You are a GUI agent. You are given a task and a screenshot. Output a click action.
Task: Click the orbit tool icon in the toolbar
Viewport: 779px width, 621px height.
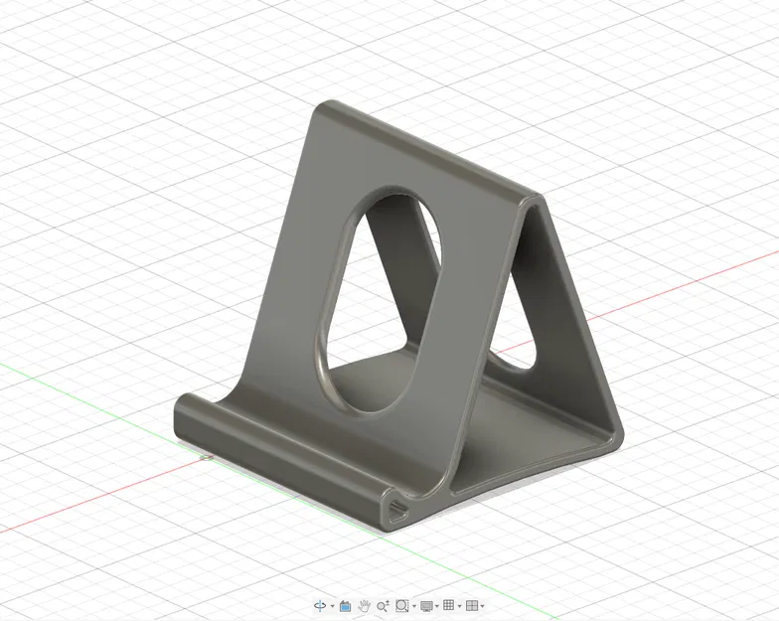(x=320, y=605)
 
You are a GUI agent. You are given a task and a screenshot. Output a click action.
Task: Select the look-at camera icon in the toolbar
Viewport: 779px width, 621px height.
(x=345, y=605)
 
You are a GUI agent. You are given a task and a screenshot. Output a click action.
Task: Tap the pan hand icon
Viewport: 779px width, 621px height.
(x=365, y=605)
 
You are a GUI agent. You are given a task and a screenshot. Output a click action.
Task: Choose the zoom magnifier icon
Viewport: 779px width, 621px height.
(x=383, y=605)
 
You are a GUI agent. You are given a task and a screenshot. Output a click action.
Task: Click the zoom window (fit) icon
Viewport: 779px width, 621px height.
(x=402, y=605)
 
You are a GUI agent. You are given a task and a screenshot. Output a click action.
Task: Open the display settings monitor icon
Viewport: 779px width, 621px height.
(x=427, y=605)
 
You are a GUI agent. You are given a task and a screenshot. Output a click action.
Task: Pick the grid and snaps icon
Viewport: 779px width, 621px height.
(x=449, y=605)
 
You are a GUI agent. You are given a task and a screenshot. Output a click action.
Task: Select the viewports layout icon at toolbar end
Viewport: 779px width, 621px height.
(x=472, y=605)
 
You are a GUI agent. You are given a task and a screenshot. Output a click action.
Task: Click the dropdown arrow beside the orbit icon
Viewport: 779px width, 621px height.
(x=332, y=606)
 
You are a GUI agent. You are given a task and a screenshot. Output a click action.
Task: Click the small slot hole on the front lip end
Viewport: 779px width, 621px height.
(x=399, y=513)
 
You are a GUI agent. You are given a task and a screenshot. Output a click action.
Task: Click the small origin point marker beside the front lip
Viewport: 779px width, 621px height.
(x=205, y=458)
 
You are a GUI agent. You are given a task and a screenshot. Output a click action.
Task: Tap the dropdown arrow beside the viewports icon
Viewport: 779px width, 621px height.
(x=483, y=606)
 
